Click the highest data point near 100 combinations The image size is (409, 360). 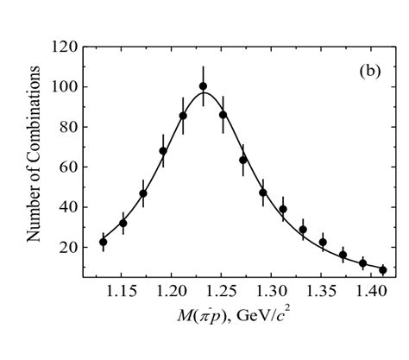[x=203, y=86]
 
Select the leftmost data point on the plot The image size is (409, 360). [x=104, y=242]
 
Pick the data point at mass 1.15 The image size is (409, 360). [x=123, y=223]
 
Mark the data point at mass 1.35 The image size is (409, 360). [x=323, y=243]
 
